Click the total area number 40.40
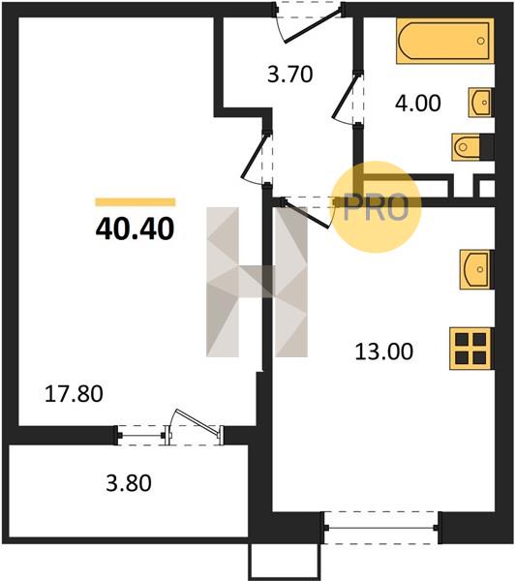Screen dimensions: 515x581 pyautogui.click(x=135, y=229)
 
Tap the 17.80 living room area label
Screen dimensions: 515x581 pyautogui.click(x=74, y=394)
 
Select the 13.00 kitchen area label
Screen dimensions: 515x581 pyautogui.click(x=384, y=352)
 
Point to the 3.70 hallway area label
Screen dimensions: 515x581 pyautogui.click(x=290, y=74)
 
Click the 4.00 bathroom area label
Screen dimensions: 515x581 pyautogui.click(x=418, y=103)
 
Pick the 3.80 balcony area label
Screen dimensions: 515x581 pyautogui.click(x=129, y=483)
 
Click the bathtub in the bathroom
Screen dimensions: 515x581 pyautogui.click(x=445, y=41)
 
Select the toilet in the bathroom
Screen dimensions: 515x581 pyautogui.click(x=472, y=147)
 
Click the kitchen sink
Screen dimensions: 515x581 pyautogui.click(x=476, y=269)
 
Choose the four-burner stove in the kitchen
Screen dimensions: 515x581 pyautogui.click(x=471, y=349)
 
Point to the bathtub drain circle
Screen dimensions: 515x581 pyautogui.click(x=481, y=41)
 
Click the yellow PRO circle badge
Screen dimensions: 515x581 pyautogui.click(x=376, y=207)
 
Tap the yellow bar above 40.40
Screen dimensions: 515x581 pyautogui.click(x=136, y=202)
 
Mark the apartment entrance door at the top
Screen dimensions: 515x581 pyautogui.click(x=310, y=23)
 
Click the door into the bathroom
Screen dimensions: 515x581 pyautogui.click(x=348, y=98)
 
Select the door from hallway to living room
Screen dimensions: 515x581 pyautogui.click(x=257, y=158)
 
